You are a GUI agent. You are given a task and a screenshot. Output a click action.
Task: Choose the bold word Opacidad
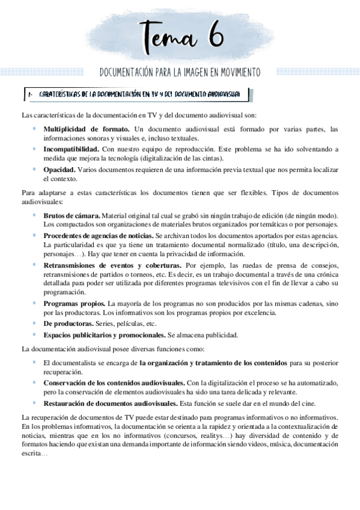[x=59, y=170]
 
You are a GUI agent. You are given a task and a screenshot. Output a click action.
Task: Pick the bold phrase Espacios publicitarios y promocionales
[x=105, y=335]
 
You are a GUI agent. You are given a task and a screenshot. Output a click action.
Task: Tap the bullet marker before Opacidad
[x=34, y=170]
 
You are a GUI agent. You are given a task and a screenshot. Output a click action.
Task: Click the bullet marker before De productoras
[x=34, y=324]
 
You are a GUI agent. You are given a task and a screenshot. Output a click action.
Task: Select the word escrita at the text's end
[x=31, y=454]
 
